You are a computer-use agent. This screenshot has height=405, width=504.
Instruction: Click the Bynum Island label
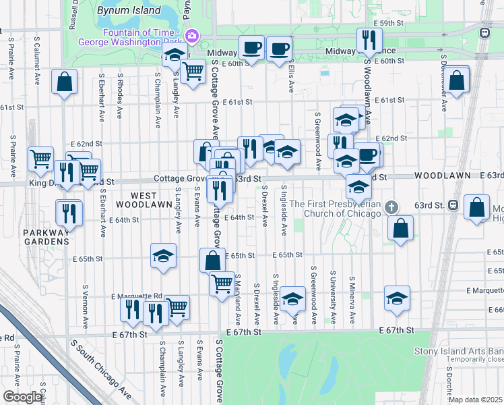[x=122, y=11]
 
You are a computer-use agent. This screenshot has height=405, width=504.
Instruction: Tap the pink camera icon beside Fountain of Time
[x=191, y=34]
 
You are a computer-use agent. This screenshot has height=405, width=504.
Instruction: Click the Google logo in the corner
[x=22, y=397]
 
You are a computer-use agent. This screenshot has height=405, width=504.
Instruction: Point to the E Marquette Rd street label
[x=137, y=296]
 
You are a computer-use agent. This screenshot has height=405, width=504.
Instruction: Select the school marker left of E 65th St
[x=162, y=256]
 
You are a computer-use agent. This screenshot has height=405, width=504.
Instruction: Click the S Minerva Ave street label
[x=351, y=300]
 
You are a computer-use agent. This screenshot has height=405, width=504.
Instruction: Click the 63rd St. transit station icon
[x=453, y=205]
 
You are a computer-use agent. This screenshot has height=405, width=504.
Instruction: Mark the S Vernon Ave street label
[x=84, y=306]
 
